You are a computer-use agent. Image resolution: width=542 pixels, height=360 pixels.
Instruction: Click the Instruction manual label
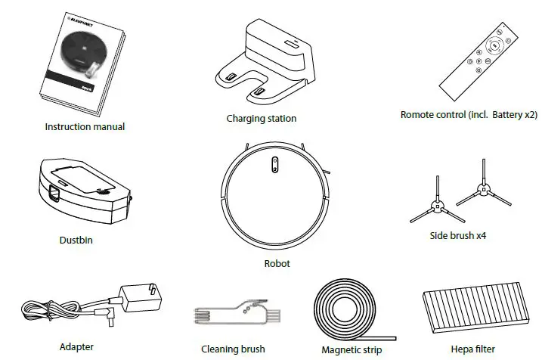[85, 126]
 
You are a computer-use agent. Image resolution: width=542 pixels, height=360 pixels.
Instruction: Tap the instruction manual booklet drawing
[82, 64]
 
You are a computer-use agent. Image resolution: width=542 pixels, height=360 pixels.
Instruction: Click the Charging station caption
[262, 118]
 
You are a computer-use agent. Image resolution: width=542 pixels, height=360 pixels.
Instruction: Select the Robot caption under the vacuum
[277, 264]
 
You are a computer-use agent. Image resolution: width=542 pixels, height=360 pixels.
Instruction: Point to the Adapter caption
[76, 347]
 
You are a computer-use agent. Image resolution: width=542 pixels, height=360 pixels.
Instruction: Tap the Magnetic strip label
[352, 349]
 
